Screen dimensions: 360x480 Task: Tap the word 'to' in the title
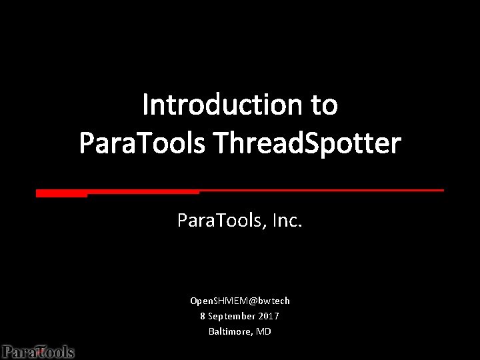click(323, 105)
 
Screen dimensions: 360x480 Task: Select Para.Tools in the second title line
click(142, 143)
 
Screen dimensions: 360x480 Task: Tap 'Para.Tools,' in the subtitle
click(219, 219)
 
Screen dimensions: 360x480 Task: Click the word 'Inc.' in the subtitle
click(287, 219)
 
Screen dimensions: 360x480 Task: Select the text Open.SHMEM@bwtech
click(240, 301)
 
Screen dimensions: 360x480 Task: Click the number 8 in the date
click(203, 316)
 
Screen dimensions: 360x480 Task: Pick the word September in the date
click(231, 316)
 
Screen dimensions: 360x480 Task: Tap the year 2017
click(269, 316)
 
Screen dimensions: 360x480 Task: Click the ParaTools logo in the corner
click(37, 351)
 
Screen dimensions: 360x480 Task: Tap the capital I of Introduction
click(146, 105)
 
